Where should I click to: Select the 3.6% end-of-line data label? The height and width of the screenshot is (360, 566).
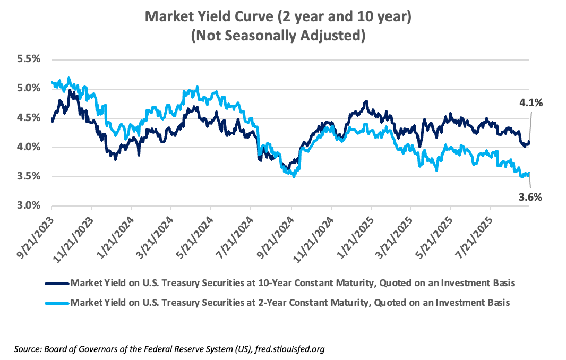tap(530, 197)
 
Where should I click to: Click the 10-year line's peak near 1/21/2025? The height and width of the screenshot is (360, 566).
tap(366, 101)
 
